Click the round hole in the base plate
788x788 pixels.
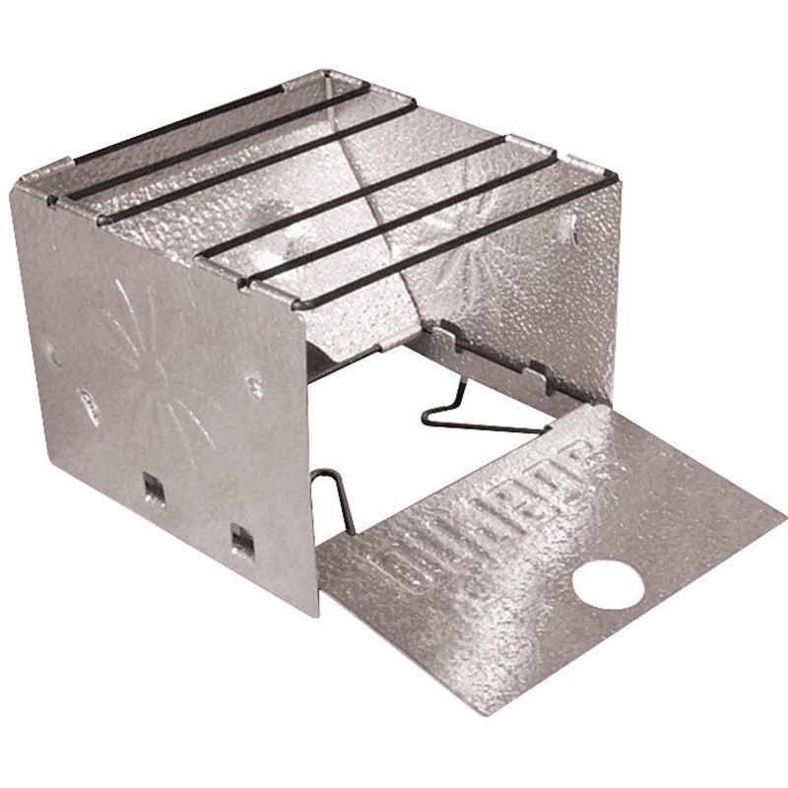608,585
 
